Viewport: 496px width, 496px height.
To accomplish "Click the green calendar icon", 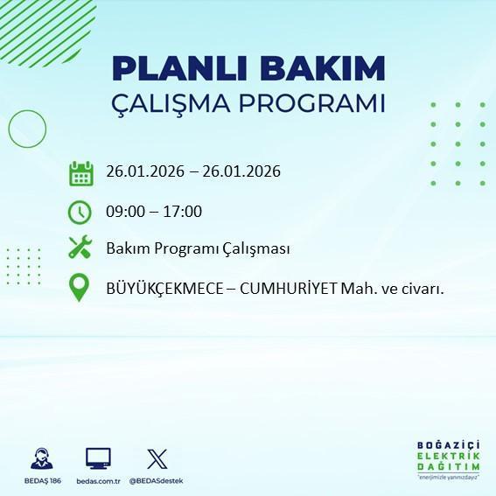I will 80,172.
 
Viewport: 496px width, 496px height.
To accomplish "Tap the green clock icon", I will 80,211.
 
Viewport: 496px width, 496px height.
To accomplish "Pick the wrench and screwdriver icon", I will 80,248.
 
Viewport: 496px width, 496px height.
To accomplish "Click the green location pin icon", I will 80,287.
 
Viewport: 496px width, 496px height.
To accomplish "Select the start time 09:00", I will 125,211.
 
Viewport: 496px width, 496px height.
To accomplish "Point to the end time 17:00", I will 184,211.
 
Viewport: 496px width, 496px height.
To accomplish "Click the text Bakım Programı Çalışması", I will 198,248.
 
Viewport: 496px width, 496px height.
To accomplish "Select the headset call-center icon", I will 41,458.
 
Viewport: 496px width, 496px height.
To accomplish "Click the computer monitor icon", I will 98,458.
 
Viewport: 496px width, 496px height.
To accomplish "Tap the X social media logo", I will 157,458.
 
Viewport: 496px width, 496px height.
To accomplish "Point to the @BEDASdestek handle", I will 157,481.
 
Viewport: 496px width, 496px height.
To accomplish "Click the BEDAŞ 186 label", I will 41,481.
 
